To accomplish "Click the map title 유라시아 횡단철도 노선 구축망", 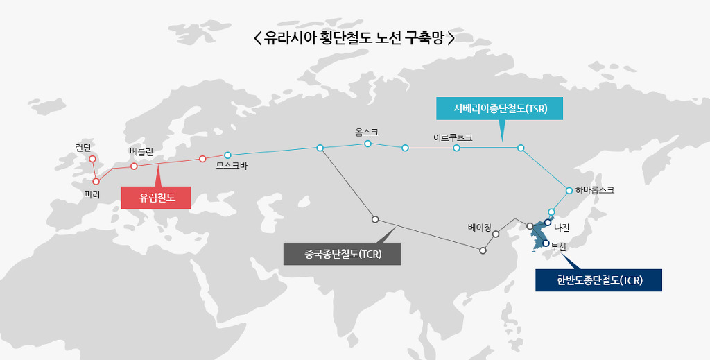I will [x=354, y=37].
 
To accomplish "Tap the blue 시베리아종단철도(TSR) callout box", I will [x=501, y=109].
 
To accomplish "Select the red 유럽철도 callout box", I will [x=157, y=198].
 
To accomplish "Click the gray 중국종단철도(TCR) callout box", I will [x=343, y=254].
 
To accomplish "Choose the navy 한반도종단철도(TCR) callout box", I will [x=599, y=280].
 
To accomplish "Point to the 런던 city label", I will [x=83, y=146].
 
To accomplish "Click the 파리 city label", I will [x=92, y=195].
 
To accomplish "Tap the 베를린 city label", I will [x=146, y=151].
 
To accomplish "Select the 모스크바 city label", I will [x=232, y=166].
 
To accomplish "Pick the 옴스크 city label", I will [x=367, y=132].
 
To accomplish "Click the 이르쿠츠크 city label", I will [x=453, y=137].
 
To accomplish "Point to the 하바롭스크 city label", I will [x=594, y=189].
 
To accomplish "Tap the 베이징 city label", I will [x=479, y=227].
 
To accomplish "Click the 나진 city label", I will [x=562, y=227].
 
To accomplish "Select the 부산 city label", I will [x=559, y=246].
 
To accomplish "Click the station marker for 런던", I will [x=92, y=158].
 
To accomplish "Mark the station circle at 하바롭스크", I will [x=569, y=190].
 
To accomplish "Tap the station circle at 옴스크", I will [x=367, y=144].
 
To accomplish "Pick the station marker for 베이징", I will [x=496, y=234].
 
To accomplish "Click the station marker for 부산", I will [x=546, y=243].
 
